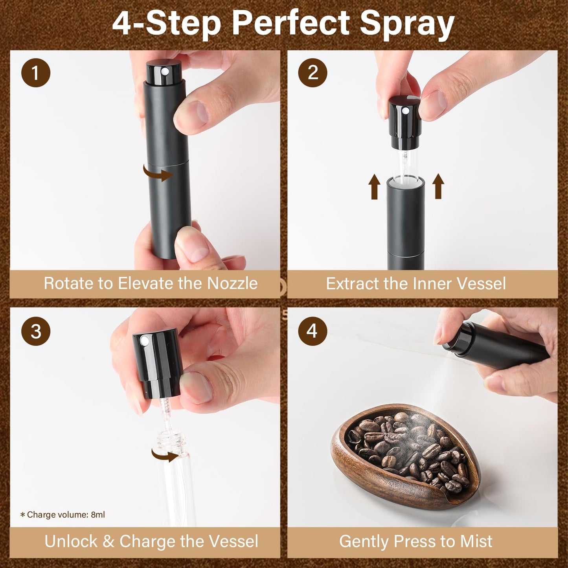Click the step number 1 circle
(x=36, y=73)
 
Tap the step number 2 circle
(x=312, y=73)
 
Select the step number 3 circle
(x=36, y=331)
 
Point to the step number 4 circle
(x=312, y=331)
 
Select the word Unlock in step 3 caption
(x=71, y=541)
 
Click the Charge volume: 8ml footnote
(x=62, y=515)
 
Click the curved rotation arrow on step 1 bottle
(x=158, y=173)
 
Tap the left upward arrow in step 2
(x=375, y=187)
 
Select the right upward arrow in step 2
(x=438, y=187)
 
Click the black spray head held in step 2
(x=405, y=118)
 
